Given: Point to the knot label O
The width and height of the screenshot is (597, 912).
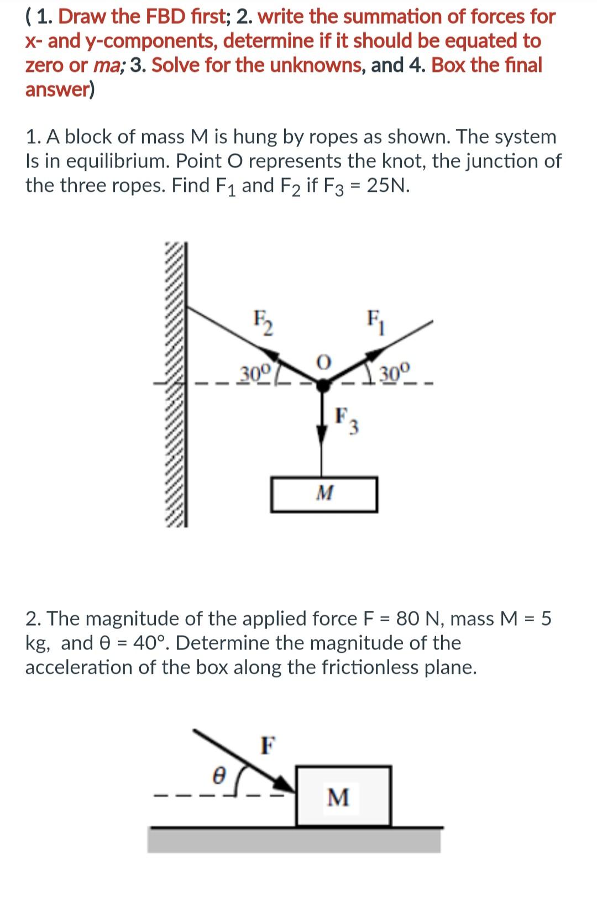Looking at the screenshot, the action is pos(324,362).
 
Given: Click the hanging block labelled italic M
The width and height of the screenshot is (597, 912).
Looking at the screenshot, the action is pos(324,494).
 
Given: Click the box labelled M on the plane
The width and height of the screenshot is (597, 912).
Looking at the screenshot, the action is pos(343,796).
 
